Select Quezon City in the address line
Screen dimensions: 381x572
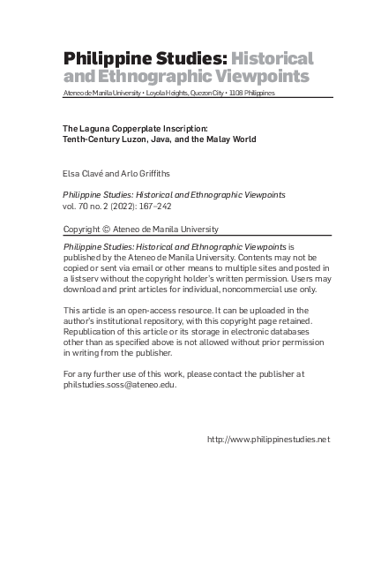[x=206, y=93]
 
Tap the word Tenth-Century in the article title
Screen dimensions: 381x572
[x=93, y=139]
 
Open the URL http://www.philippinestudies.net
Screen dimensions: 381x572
[x=267, y=439]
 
